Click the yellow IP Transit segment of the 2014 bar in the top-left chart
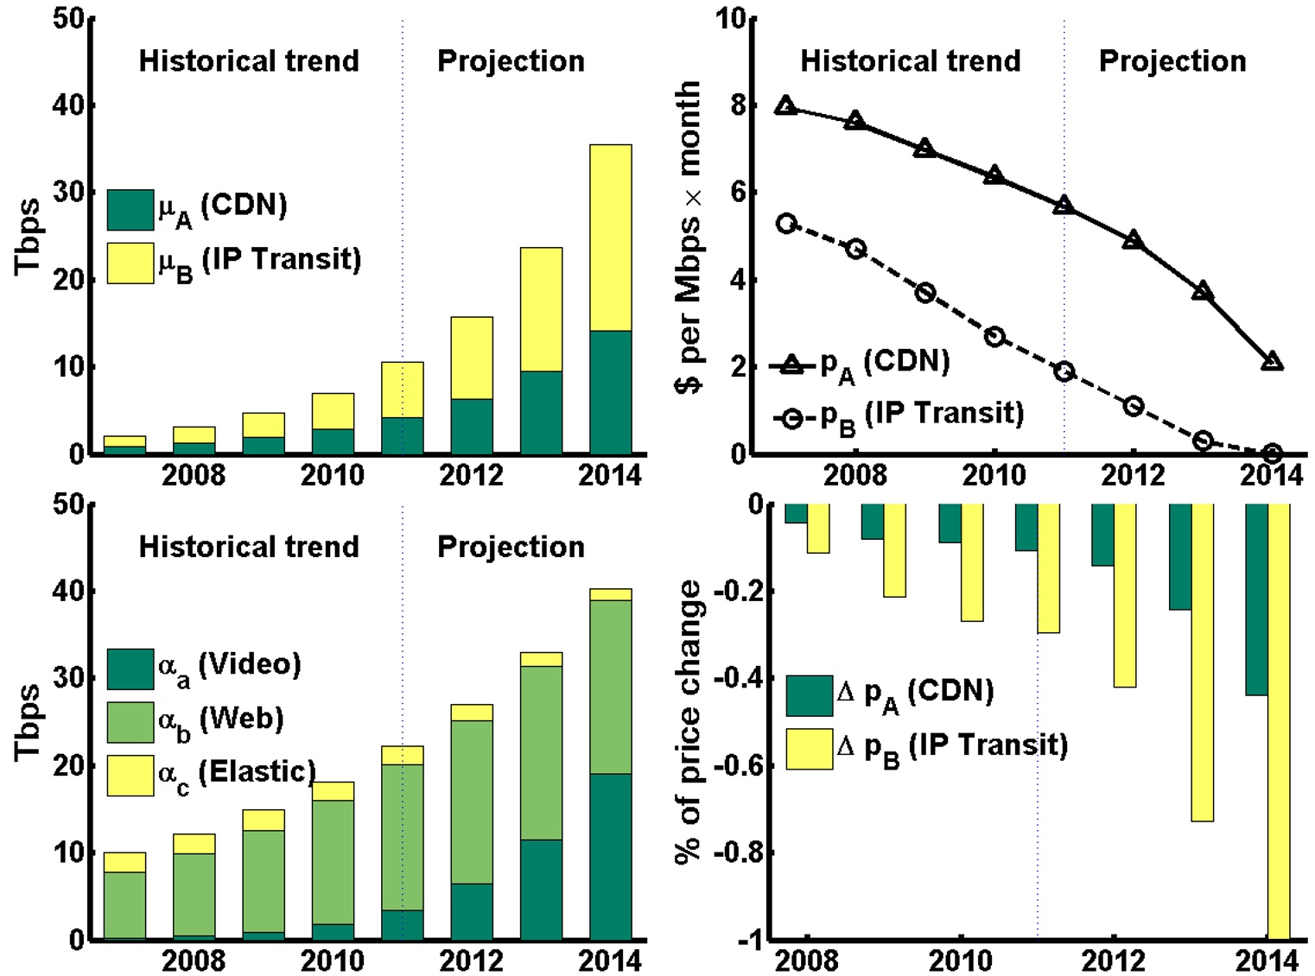(x=610, y=238)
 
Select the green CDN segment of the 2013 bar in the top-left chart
(x=541, y=412)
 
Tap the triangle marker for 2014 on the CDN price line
(x=1271, y=362)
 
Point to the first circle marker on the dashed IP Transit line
(x=785, y=224)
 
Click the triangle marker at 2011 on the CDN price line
(x=1064, y=206)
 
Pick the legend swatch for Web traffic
(x=130, y=722)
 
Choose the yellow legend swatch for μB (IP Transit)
(x=130, y=263)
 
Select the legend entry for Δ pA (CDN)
(x=890, y=694)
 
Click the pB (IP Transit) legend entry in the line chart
(x=899, y=416)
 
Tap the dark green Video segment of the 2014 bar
(x=610, y=855)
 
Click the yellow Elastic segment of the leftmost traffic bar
(x=124, y=862)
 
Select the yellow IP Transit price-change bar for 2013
(x=1202, y=662)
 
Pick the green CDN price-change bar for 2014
(x=1255, y=599)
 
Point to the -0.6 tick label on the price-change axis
(x=738, y=765)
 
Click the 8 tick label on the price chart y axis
(x=738, y=105)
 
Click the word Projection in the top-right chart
(x=1172, y=61)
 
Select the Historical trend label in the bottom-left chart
(x=249, y=547)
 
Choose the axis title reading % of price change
(x=689, y=721)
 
